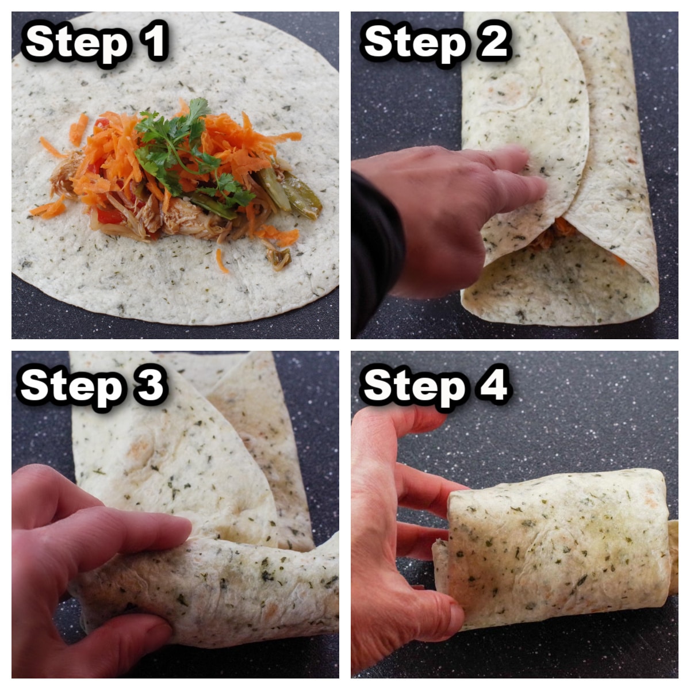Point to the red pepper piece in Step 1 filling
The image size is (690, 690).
[x=109, y=216]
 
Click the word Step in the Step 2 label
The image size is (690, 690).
[x=414, y=43]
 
